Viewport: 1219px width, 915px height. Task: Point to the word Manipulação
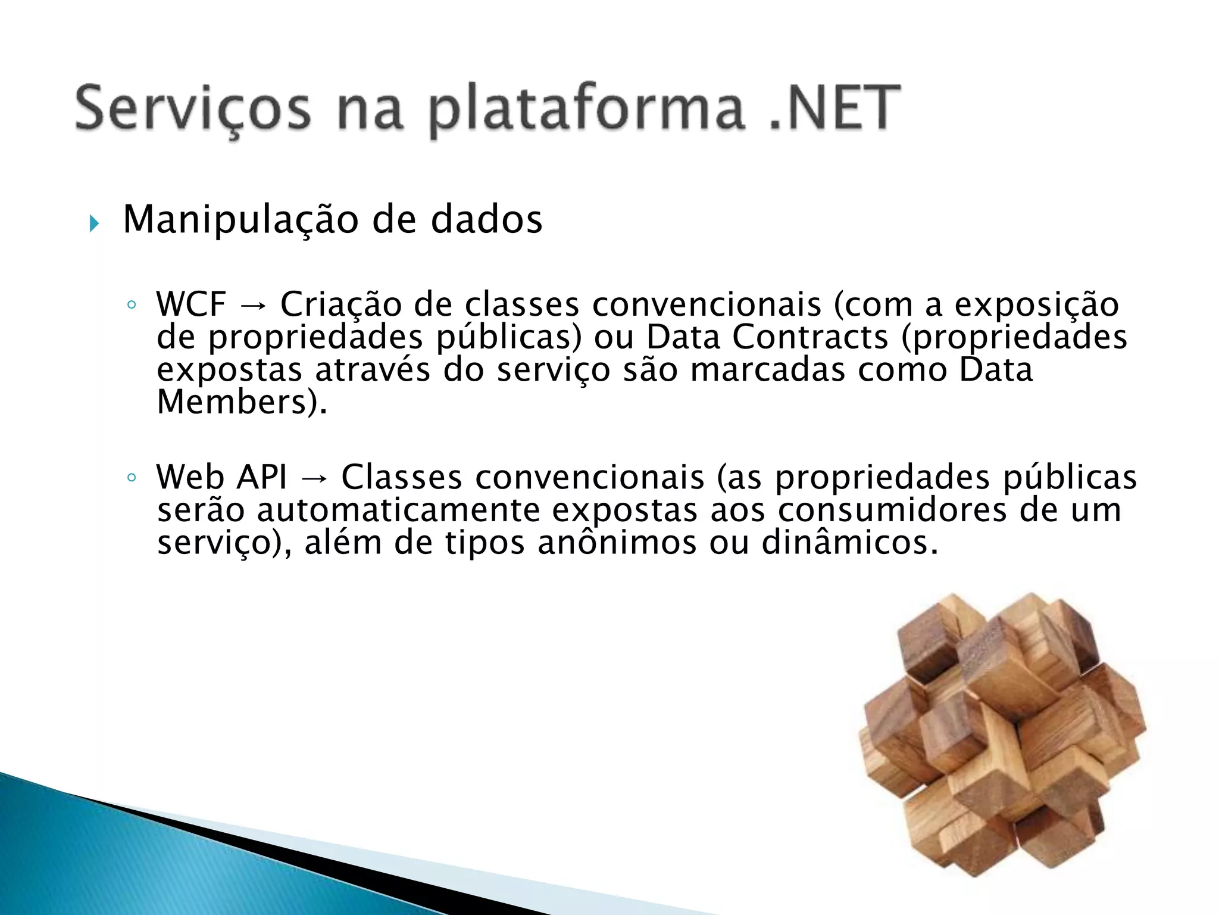click(x=240, y=220)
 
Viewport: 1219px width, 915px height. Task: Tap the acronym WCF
click(x=191, y=305)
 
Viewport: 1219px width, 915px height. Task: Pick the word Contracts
click(x=809, y=337)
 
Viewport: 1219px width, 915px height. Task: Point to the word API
click(x=261, y=478)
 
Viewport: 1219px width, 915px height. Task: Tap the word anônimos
click(x=617, y=543)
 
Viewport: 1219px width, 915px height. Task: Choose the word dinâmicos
click(x=845, y=543)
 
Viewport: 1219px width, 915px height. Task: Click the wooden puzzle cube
click(x=1003, y=736)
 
